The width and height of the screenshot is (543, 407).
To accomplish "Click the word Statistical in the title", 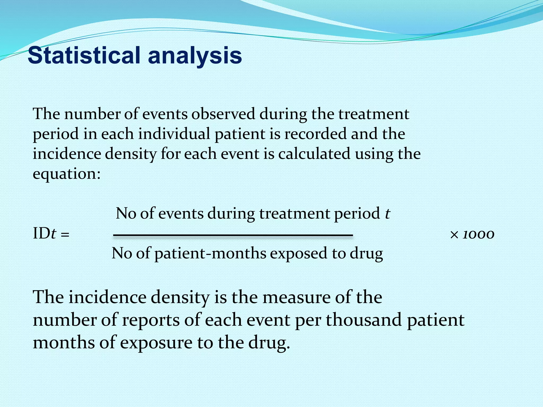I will pyautogui.click(x=84, y=56).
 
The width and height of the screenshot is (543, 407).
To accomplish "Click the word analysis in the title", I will pyautogui.click(x=195, y=56).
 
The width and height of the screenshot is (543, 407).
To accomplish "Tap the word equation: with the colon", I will pyautogui.click(x=67, y=174).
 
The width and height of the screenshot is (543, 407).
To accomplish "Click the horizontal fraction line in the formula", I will pyautogui.click(x=233, y=235).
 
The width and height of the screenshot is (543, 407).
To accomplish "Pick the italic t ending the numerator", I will pyautogui.click(x=387, y=214).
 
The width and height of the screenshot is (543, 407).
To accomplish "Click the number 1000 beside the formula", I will pyautogui.click(x=478, y=235).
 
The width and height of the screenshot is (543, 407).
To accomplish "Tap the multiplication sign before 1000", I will pyautogui.click(x=454, y=235).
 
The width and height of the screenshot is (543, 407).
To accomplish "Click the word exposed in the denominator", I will pyautogui.click(x=299, y=254).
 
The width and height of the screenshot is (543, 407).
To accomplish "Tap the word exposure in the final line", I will pyautogui.click(x=156, y=343).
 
